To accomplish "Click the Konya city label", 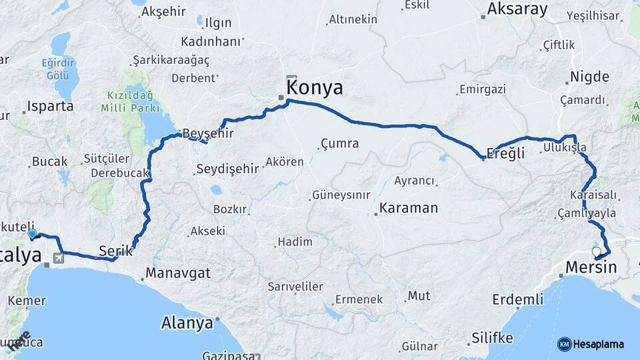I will tap(314, 88).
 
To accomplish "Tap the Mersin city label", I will tap(591, 268).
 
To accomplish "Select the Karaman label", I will tap(409, 208).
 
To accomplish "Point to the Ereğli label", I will tap(507, 153).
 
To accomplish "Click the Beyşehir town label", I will tap(208, 133).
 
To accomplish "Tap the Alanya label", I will tap(187, 323).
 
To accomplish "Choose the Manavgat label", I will tap(178, 273).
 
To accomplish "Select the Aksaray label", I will tap(517, 9).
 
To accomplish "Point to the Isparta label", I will tap(51, 107).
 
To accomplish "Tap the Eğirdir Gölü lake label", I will tap(56, 69).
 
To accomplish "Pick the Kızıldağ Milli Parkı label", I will tap(130, 101).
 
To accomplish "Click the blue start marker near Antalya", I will tap(32, 234).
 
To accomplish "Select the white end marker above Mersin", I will tap(597, 251).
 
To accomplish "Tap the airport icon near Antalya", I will tap(59, 257).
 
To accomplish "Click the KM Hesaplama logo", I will tap(591, 344).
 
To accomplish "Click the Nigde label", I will tap(589, 77).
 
